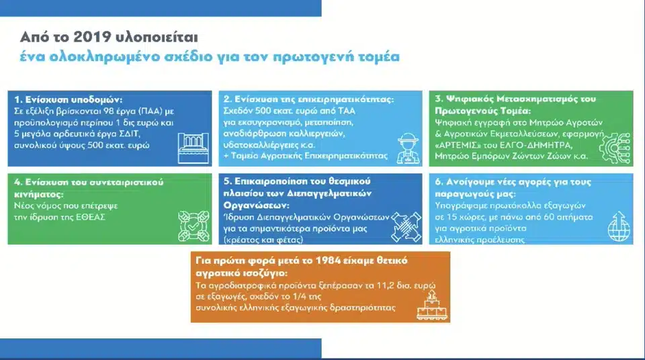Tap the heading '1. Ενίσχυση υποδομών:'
pos(61,98)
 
